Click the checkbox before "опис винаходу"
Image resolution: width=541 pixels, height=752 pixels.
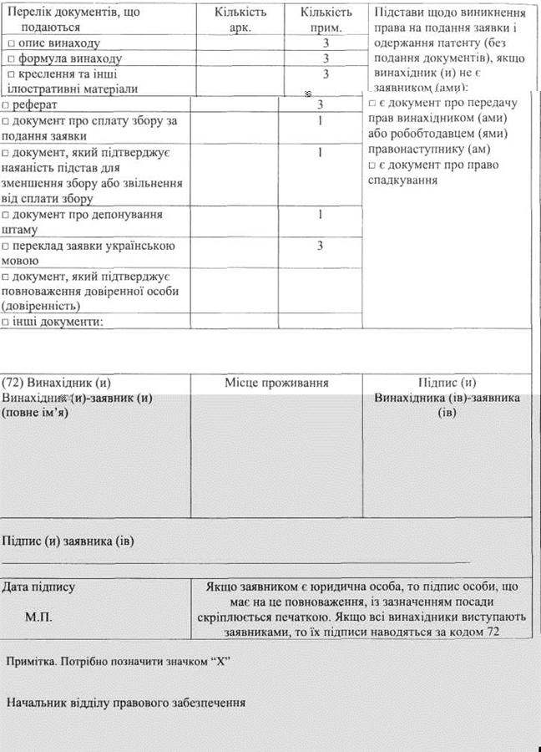[9, 43]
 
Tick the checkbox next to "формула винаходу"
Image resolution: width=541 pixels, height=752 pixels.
[9, 58]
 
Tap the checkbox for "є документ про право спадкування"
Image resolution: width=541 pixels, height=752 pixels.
[372, 165]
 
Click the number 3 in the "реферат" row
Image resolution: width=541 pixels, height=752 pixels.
[321, 105]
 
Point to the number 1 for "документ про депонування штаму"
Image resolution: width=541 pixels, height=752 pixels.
[321, 215]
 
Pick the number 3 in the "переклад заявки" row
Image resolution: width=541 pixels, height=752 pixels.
[321, 246]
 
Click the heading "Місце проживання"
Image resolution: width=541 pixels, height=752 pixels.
[276, 383]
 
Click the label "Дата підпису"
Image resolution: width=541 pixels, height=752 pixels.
[38, 587]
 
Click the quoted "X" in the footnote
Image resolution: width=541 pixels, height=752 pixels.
[221, 661]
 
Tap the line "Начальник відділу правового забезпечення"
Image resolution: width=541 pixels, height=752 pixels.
[125, 703]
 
